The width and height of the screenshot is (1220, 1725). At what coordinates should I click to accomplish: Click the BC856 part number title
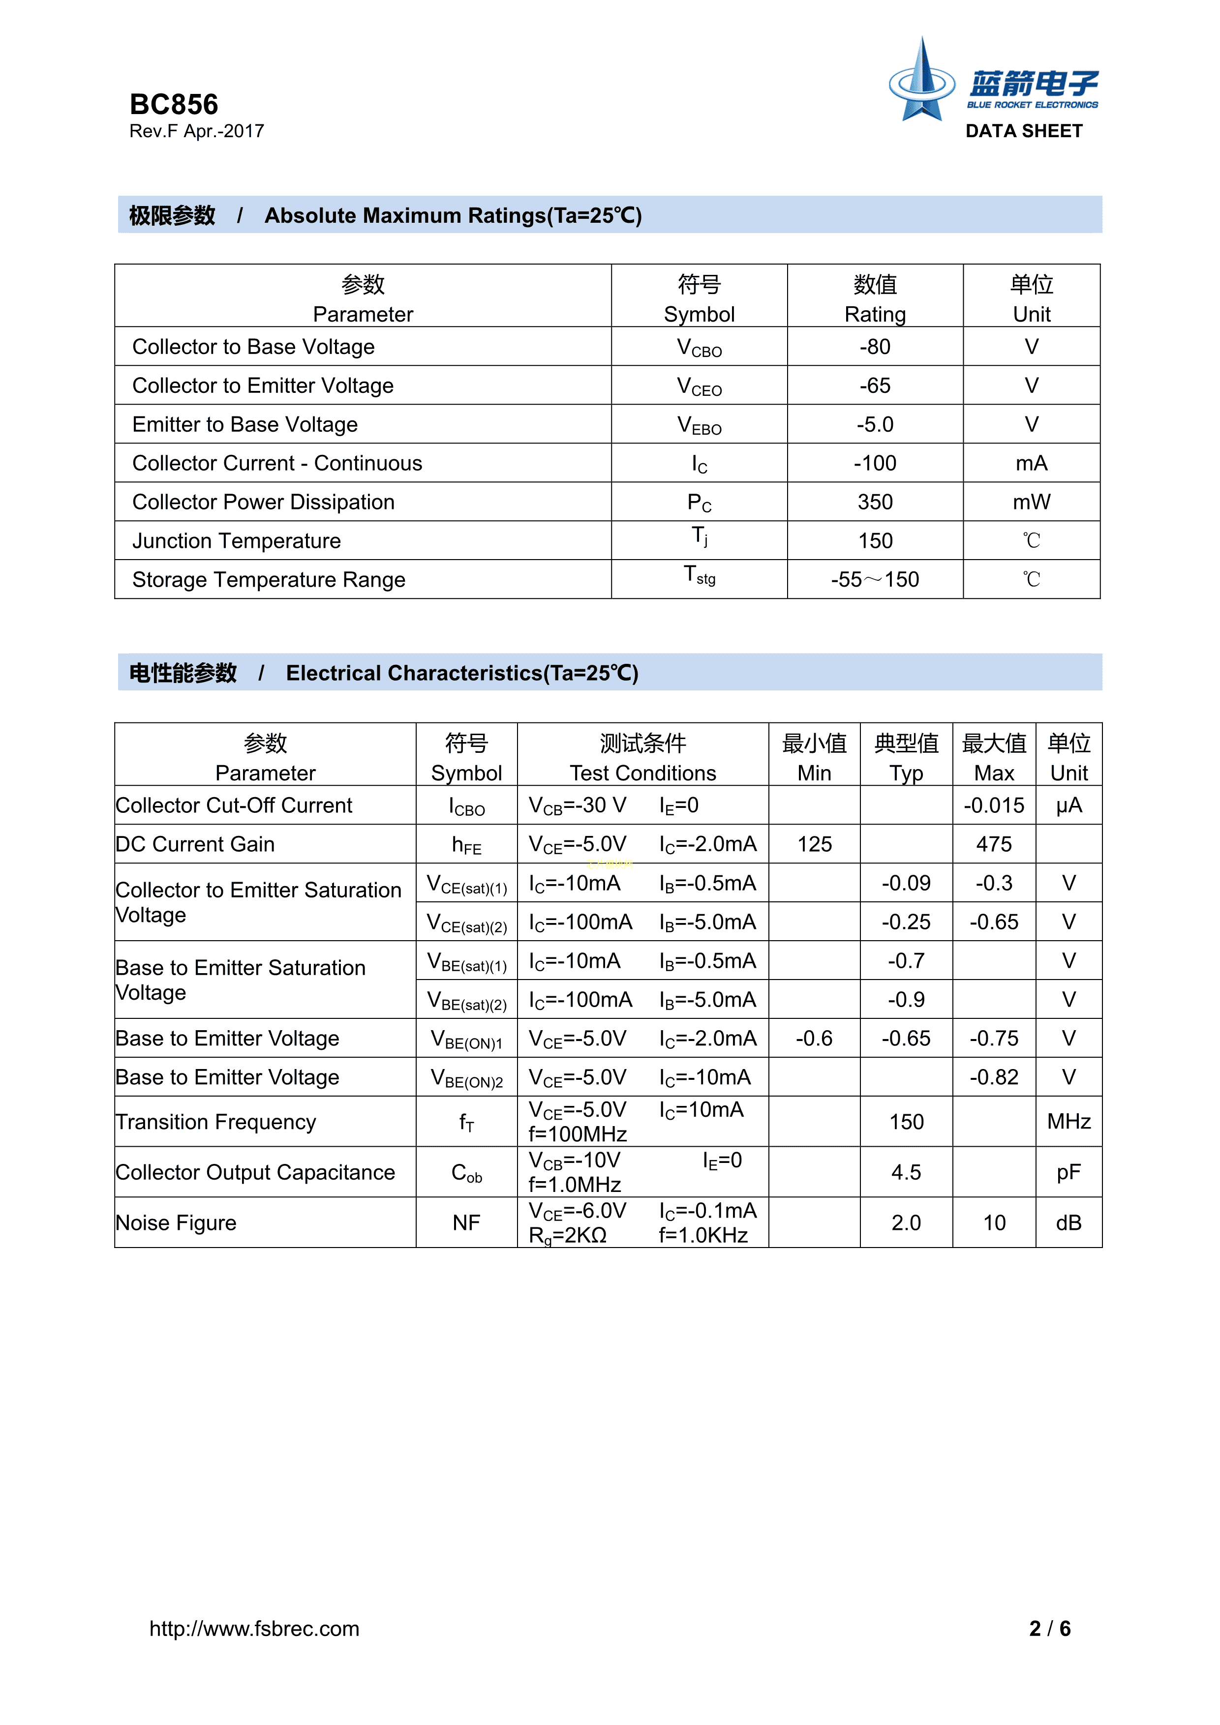[x=174, y=104]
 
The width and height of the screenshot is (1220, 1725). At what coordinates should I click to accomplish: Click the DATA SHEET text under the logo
[x=1024, y=131]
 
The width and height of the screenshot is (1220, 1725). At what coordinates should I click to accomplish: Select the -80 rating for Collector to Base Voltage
[x=875, y=347]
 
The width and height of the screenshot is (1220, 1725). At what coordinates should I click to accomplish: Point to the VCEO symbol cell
[x=699, y=386]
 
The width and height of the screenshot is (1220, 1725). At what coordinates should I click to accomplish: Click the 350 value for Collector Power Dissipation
[x=875, y=502]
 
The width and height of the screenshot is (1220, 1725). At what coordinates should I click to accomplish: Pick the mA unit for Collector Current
[x=1031, y=464]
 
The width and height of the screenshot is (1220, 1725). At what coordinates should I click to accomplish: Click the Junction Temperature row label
[x=237, y=541]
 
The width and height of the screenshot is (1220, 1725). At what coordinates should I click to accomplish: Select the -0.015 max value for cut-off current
[x=994, y=805]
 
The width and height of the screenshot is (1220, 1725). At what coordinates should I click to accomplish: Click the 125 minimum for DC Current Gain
[x=814, y=844]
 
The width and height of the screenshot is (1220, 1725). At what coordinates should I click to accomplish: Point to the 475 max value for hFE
[x=994, y=844]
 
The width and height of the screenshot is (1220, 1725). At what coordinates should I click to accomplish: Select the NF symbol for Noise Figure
[x=466, y=1223]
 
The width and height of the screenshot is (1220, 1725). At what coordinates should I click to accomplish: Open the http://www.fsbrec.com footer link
[x=254, y=1628]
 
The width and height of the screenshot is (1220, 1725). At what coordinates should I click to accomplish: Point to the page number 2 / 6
[x=1049, y=1628]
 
